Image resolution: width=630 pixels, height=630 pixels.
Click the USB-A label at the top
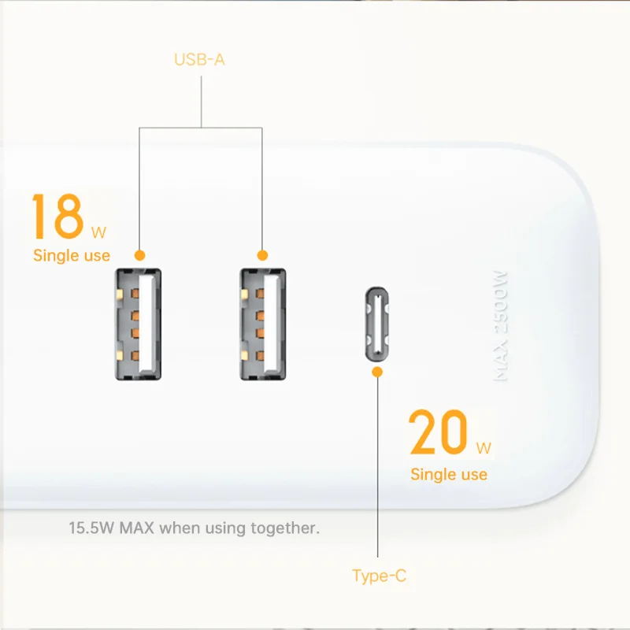pyautogui.click(x=199, y=59)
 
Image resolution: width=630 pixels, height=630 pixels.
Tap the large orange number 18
pyautogui.click(x=57, y=217)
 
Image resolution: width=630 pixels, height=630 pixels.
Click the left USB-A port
pyautogui.click(x=139, y=324)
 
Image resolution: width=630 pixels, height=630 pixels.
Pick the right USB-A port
pyautogui.click(x=263, y=324)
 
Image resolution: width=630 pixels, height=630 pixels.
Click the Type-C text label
pyautogui.click(x=379, y=576)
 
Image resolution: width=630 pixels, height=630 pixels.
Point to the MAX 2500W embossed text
pyautogui.click(x=501, y=326)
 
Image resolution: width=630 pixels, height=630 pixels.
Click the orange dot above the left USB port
pyautogui.click(x=139, y=255)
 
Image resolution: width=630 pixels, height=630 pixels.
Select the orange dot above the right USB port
pyautogui.click(x=263, y=255)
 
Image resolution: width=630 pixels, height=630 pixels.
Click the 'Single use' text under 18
pyautogui.click(x=72, y=255)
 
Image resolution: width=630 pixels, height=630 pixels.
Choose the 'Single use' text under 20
pyautogui.click(x=448, y=474)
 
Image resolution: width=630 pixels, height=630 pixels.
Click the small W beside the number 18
pyautogui.click(x=98, y=232)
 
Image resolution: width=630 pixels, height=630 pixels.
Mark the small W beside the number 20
pyautogui.click(x=484, y=449)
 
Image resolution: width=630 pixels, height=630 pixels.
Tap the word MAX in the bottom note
pyautogui.click(x=137, y=527)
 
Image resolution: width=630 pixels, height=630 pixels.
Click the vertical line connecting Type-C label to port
pyautogui.click(x=378, y=472)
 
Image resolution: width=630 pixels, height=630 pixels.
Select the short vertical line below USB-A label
pyautogui.click(x=201, y=98)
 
